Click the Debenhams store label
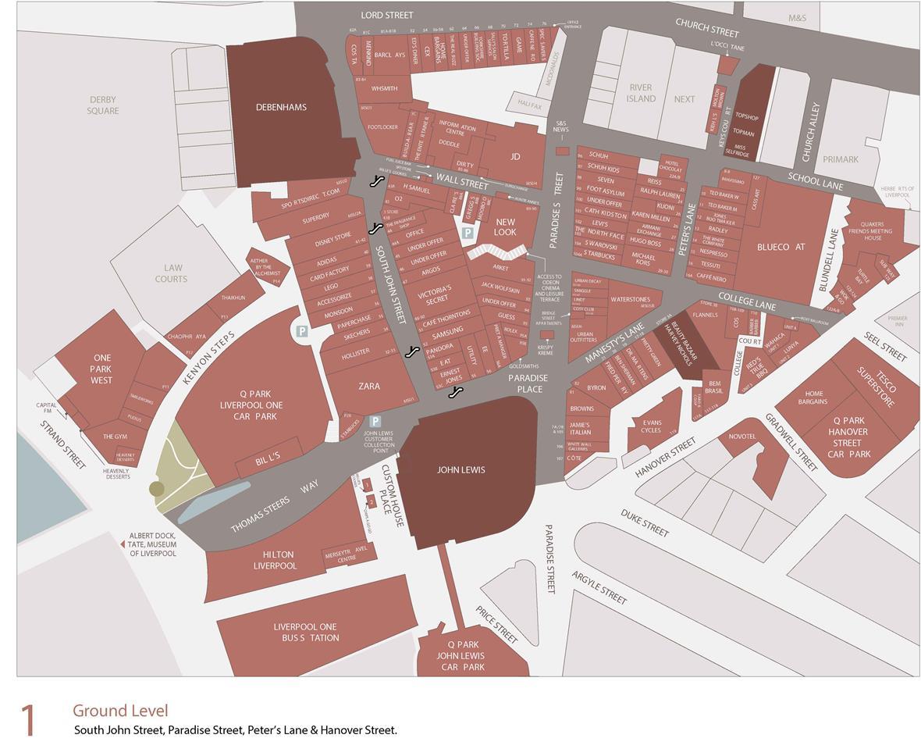pyautogui.click(x=281, y=107)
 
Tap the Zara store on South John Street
pyautogui.click(x=369, y=386)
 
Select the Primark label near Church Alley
pyautogui.click(x=840, y=159)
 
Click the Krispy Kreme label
pyautogui.click(x=546, y=350)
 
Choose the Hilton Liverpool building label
pyautogui.click(x=275, y=560)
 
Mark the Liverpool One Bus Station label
pyautogui.click(x=306, y=632)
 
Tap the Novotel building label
pyautogui.click(x=742, y=437)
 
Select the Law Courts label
pyautogui.click(x=170, y=273)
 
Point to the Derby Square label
pyautogui.click(x=103, y=105)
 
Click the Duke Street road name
pyautogui.click(x=645, y=522)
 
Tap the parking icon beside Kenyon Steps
pyautogui.click(x=301, y=331)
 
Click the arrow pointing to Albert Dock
pyautogui.click(x=122, y=543)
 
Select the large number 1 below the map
pyautogui.click(x=29, y=720)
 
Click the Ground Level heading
pyautogui.click(x=120, y=711)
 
